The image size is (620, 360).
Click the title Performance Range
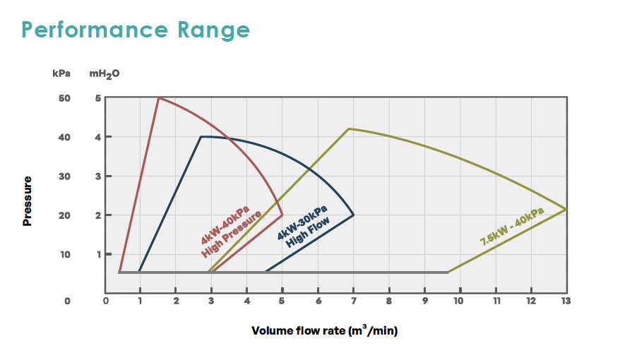click(136, 30)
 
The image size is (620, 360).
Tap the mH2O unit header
click(105, 73)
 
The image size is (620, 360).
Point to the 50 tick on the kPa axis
click(64, 97)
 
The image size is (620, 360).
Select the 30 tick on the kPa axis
click(64, 176)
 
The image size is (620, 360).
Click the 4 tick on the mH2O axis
click(98, 137)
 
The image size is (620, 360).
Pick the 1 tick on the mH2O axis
click(98, 254)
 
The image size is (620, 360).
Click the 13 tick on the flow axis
click(566, 301)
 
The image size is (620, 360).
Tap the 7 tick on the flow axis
click(353, 301)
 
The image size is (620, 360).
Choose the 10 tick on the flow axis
click(459, 301)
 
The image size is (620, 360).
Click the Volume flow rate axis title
click(328, 330)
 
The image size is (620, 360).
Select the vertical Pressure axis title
click(28, 201)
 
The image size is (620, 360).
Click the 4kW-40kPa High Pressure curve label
click(230, 234)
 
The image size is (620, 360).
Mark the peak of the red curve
click(158, 97)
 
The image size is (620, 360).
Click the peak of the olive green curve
click(349, 128)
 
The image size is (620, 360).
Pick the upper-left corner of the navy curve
click(201, 136)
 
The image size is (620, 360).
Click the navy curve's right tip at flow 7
click(353, 215)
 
